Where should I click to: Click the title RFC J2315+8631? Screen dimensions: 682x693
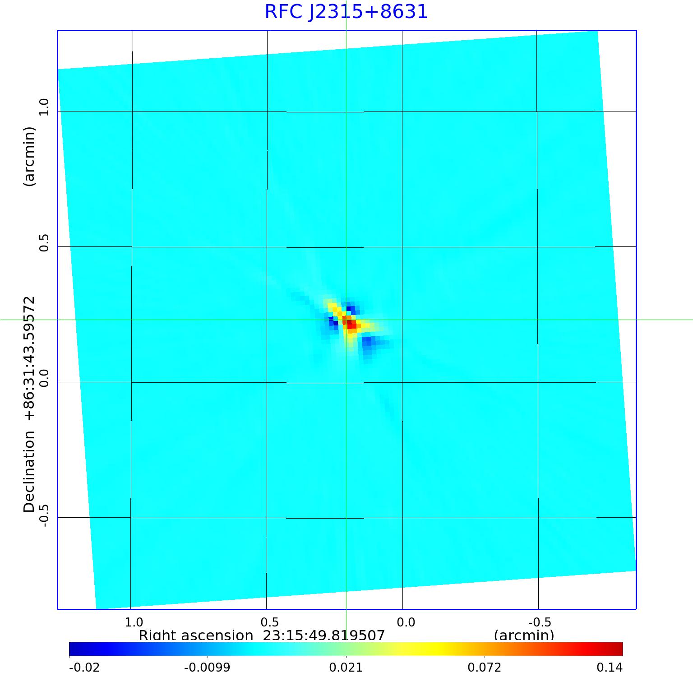[x=346, y=11]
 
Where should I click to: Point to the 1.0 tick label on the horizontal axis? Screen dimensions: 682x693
[x=134, y=622]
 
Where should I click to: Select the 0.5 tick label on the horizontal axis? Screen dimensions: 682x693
[x=270, y=622]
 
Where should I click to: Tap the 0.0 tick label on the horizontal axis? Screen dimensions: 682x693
[x=406, y=622]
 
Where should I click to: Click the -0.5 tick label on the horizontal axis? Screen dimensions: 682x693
[x=539, y=622]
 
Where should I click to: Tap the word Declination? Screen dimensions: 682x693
[x=29, y=472]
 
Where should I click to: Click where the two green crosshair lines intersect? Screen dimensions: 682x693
[x=346, y=320]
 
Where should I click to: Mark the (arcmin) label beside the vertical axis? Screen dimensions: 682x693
[x=29, y=157]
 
